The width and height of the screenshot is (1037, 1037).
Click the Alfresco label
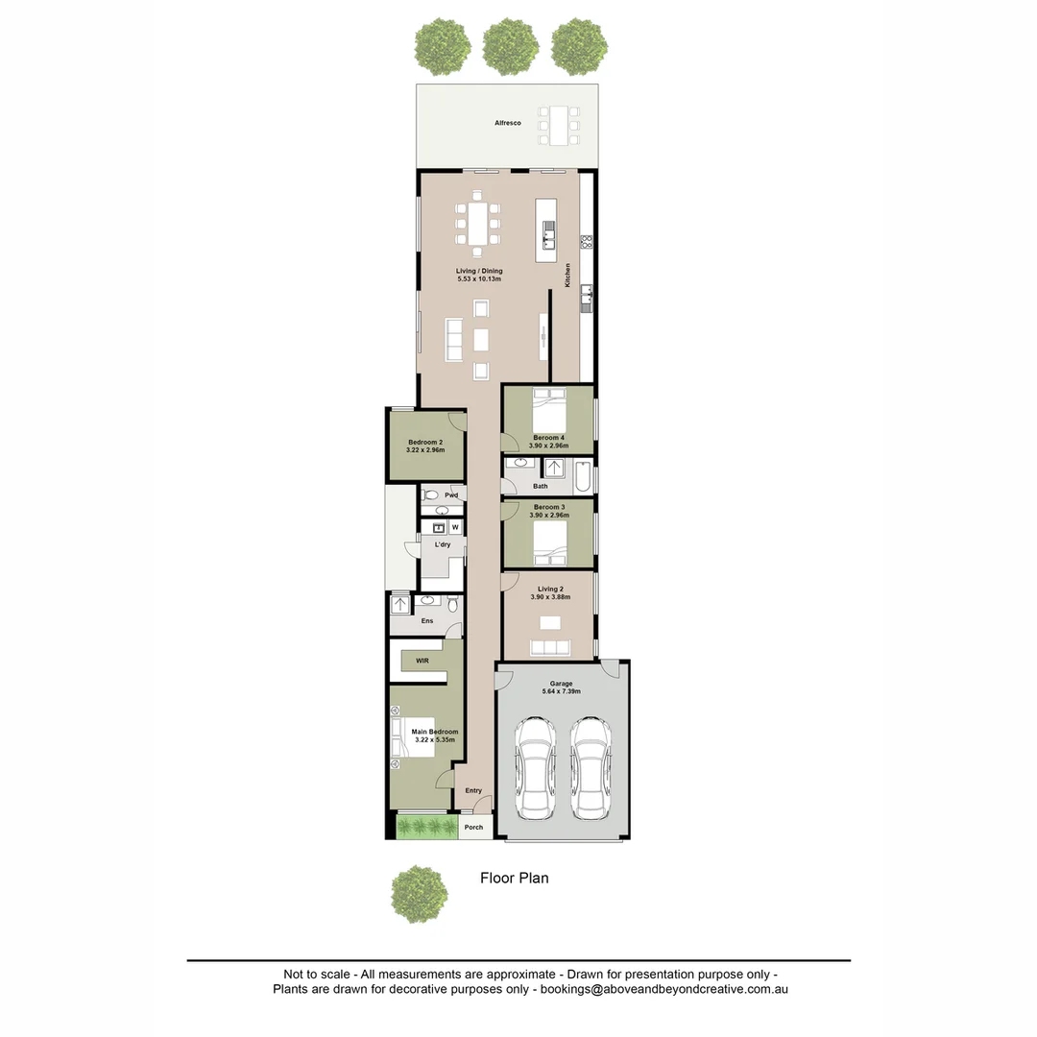(507, 124)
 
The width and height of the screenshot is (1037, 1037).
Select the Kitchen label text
(567, 275)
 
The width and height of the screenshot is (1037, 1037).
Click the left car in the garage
(535, 768)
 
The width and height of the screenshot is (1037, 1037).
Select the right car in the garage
(590, 768)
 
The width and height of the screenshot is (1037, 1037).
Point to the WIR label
(422, 662)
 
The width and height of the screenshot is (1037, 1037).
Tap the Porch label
(473, 827)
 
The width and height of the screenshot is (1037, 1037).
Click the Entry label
(473, 790)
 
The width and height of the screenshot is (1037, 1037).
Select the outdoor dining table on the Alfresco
(559, 125)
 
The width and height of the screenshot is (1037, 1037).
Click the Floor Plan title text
(514, 878)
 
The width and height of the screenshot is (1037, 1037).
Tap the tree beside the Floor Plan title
(419, 894)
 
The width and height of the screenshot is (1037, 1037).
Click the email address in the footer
(663, 988)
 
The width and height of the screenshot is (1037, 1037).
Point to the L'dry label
(443, 544)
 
